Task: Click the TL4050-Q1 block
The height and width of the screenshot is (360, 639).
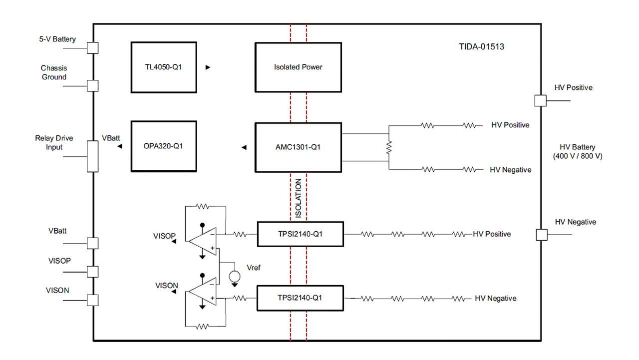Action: click(x=163, y=67)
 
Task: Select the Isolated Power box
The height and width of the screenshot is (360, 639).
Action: click(x=298, y=67)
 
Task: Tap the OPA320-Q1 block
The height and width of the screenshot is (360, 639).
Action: click(x=163, y=147)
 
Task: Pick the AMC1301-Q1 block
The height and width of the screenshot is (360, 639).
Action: click(x=298, y=147)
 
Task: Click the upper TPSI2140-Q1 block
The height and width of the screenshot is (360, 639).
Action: click(x=300, y=234)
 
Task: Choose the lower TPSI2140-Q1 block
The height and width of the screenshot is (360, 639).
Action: click(x=300, y=298)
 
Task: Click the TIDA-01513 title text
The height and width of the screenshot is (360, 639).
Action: click(x=481, y=47)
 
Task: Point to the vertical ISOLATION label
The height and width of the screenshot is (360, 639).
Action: click(x=299, y=198)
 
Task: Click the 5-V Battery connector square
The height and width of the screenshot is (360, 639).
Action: click(x=93, y=48)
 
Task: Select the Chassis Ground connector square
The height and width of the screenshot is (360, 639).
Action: click(x=93, y=85)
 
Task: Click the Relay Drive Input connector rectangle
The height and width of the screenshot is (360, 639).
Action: click(x=93, y=156)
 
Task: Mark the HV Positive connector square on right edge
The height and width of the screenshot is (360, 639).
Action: click(x=540, y=100)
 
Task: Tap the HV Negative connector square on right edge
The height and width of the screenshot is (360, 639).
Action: click(x=540, y=235)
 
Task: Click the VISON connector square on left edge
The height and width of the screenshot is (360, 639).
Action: click(x=93, y=300)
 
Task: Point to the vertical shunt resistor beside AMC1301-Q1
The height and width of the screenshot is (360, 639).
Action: click(x=389, y=147)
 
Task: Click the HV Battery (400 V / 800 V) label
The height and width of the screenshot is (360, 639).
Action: click(x=578, y=152)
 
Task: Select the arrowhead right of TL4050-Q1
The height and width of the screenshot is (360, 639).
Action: click(x=208, y=67)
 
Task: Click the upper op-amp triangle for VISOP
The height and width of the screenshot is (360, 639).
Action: click(x=202, y=241)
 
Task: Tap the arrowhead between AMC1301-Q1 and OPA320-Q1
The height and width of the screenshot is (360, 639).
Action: click(x=244, y=147)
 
